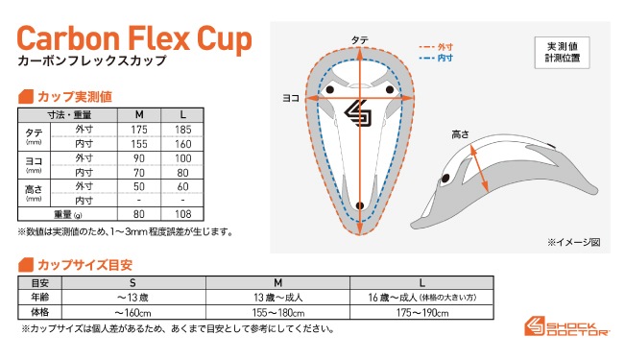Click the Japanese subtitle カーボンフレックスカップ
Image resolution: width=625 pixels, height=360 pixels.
(91, 61)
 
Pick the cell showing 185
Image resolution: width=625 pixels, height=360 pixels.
(183, 129)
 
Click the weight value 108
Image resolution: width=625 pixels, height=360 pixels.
(183, 215)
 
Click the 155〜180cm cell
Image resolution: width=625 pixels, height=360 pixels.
(278, 312)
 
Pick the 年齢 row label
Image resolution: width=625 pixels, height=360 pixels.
(40, 298)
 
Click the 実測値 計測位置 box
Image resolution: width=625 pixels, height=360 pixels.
(563, 51)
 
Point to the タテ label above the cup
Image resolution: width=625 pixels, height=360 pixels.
(358, 39)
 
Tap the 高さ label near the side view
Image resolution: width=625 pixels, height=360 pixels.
(461, 135)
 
